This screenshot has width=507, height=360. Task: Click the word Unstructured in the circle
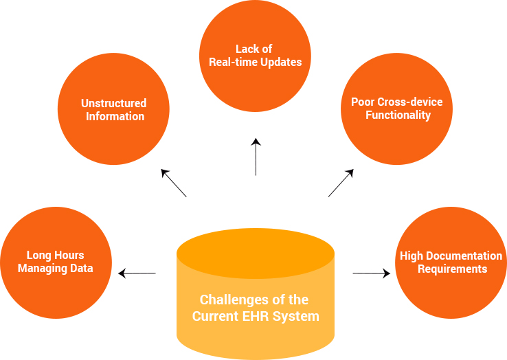point(114,103)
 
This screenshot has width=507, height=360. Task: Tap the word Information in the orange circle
point(115,116)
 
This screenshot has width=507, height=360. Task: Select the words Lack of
point(253,49)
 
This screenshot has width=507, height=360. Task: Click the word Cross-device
point(410,102)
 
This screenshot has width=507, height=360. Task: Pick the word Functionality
point(398,115)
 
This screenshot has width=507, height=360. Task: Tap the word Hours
point(69,255)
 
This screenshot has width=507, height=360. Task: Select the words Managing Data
point(55,269)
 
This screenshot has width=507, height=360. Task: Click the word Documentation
point(466,256)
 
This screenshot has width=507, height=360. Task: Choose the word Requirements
point(453,269)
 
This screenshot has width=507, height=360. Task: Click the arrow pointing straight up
point(256,157)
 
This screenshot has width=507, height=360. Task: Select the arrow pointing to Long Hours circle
point(137,273)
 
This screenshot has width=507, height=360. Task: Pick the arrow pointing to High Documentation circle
point(371,273)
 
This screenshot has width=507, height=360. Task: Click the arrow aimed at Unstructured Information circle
point(174,183)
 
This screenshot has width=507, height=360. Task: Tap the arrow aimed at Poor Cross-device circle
point(341,183)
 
